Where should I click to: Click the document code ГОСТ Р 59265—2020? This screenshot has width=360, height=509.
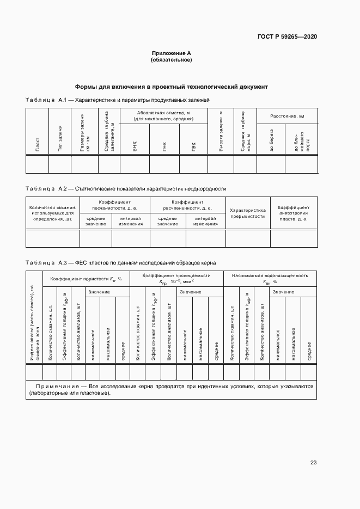(x=287, y=36)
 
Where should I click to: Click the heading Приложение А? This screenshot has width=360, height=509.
(x=171, y=53)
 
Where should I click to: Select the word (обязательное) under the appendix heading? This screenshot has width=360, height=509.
(x=171, y=60)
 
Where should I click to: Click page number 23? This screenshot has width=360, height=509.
(x=313, y=463)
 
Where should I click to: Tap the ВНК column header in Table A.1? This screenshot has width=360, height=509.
(x=135, y=146)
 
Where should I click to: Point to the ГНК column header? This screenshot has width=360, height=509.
(x=164, y=146)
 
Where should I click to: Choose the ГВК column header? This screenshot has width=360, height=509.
(x=193, y=146)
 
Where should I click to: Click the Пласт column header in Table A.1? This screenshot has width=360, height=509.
(x=37, y=146)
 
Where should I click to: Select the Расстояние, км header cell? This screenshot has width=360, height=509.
(x=287, y=116)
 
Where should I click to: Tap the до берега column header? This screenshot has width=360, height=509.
(x=271, y=141)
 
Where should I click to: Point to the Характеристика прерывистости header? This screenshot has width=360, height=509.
(x=247, y=213)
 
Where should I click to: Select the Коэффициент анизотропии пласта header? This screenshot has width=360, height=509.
(x=294, y=213)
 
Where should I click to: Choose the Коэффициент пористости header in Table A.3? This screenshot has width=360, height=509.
(x=86, y=279)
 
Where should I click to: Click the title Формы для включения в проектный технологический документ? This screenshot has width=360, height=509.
(x=171, y=87)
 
